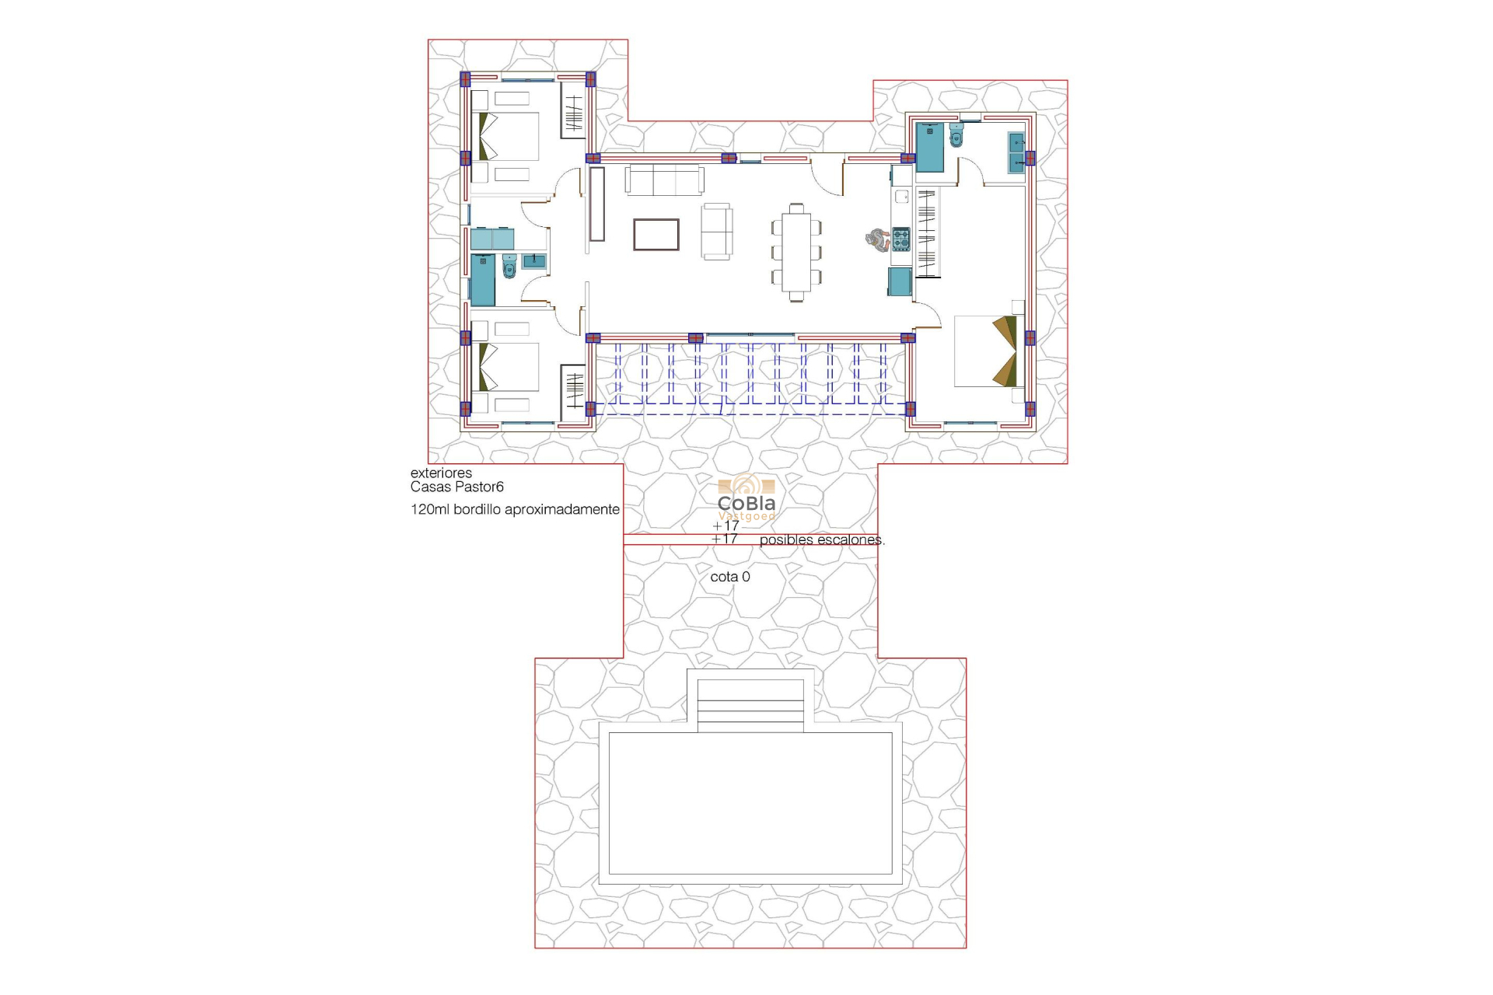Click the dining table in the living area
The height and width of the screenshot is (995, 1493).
point(796,251)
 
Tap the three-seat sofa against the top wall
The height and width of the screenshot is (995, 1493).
point(665,180)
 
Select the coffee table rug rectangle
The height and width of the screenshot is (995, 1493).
point(656,234)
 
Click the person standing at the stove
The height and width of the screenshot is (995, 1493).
point(878,240)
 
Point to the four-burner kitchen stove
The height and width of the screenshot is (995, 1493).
point(900,239)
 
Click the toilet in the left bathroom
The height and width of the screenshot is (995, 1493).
point(509,267)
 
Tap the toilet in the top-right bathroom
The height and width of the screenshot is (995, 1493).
point(956,136)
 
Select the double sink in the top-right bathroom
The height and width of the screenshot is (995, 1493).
point(1016,152)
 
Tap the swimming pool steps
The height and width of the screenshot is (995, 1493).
point(750,705)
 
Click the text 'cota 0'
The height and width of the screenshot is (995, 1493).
point(729,577)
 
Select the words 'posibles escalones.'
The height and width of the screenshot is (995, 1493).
point(821,539)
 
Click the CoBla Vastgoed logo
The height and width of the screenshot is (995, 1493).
point(746,497)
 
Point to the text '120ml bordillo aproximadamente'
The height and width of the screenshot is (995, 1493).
point(515,509)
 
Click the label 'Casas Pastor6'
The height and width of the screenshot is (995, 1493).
point(457,487)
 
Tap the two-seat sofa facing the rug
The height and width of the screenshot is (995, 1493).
point(716,232)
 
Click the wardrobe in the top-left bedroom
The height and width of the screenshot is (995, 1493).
point(573,113)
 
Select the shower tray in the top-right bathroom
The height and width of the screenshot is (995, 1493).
point(929,147)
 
